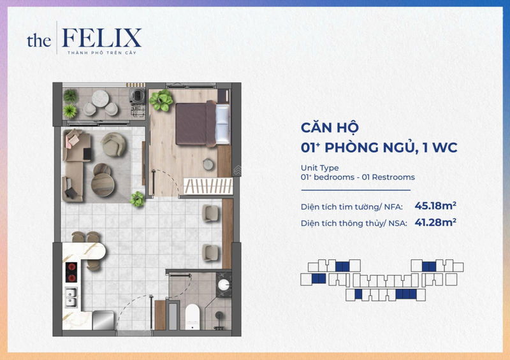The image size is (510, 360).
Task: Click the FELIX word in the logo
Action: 101,38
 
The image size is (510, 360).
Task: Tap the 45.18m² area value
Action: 435,206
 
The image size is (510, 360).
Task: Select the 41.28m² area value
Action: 435,222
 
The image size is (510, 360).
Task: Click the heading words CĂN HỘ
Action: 330,127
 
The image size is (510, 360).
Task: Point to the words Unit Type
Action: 320,168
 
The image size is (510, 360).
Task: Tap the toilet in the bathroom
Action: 192,317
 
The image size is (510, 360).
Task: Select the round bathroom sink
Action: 224,285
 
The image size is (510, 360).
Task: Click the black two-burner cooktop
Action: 71,272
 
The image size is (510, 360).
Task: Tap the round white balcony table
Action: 100,98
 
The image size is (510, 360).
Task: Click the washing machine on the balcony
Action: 137,96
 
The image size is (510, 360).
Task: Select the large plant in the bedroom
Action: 161,100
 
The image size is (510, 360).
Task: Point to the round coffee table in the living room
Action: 103,184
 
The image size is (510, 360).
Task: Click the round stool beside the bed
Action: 208,164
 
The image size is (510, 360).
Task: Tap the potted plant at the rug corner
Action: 138,199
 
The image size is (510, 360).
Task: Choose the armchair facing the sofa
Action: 113,145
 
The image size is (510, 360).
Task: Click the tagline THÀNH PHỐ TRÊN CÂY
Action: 102,53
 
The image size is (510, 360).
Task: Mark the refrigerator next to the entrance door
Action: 103,320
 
